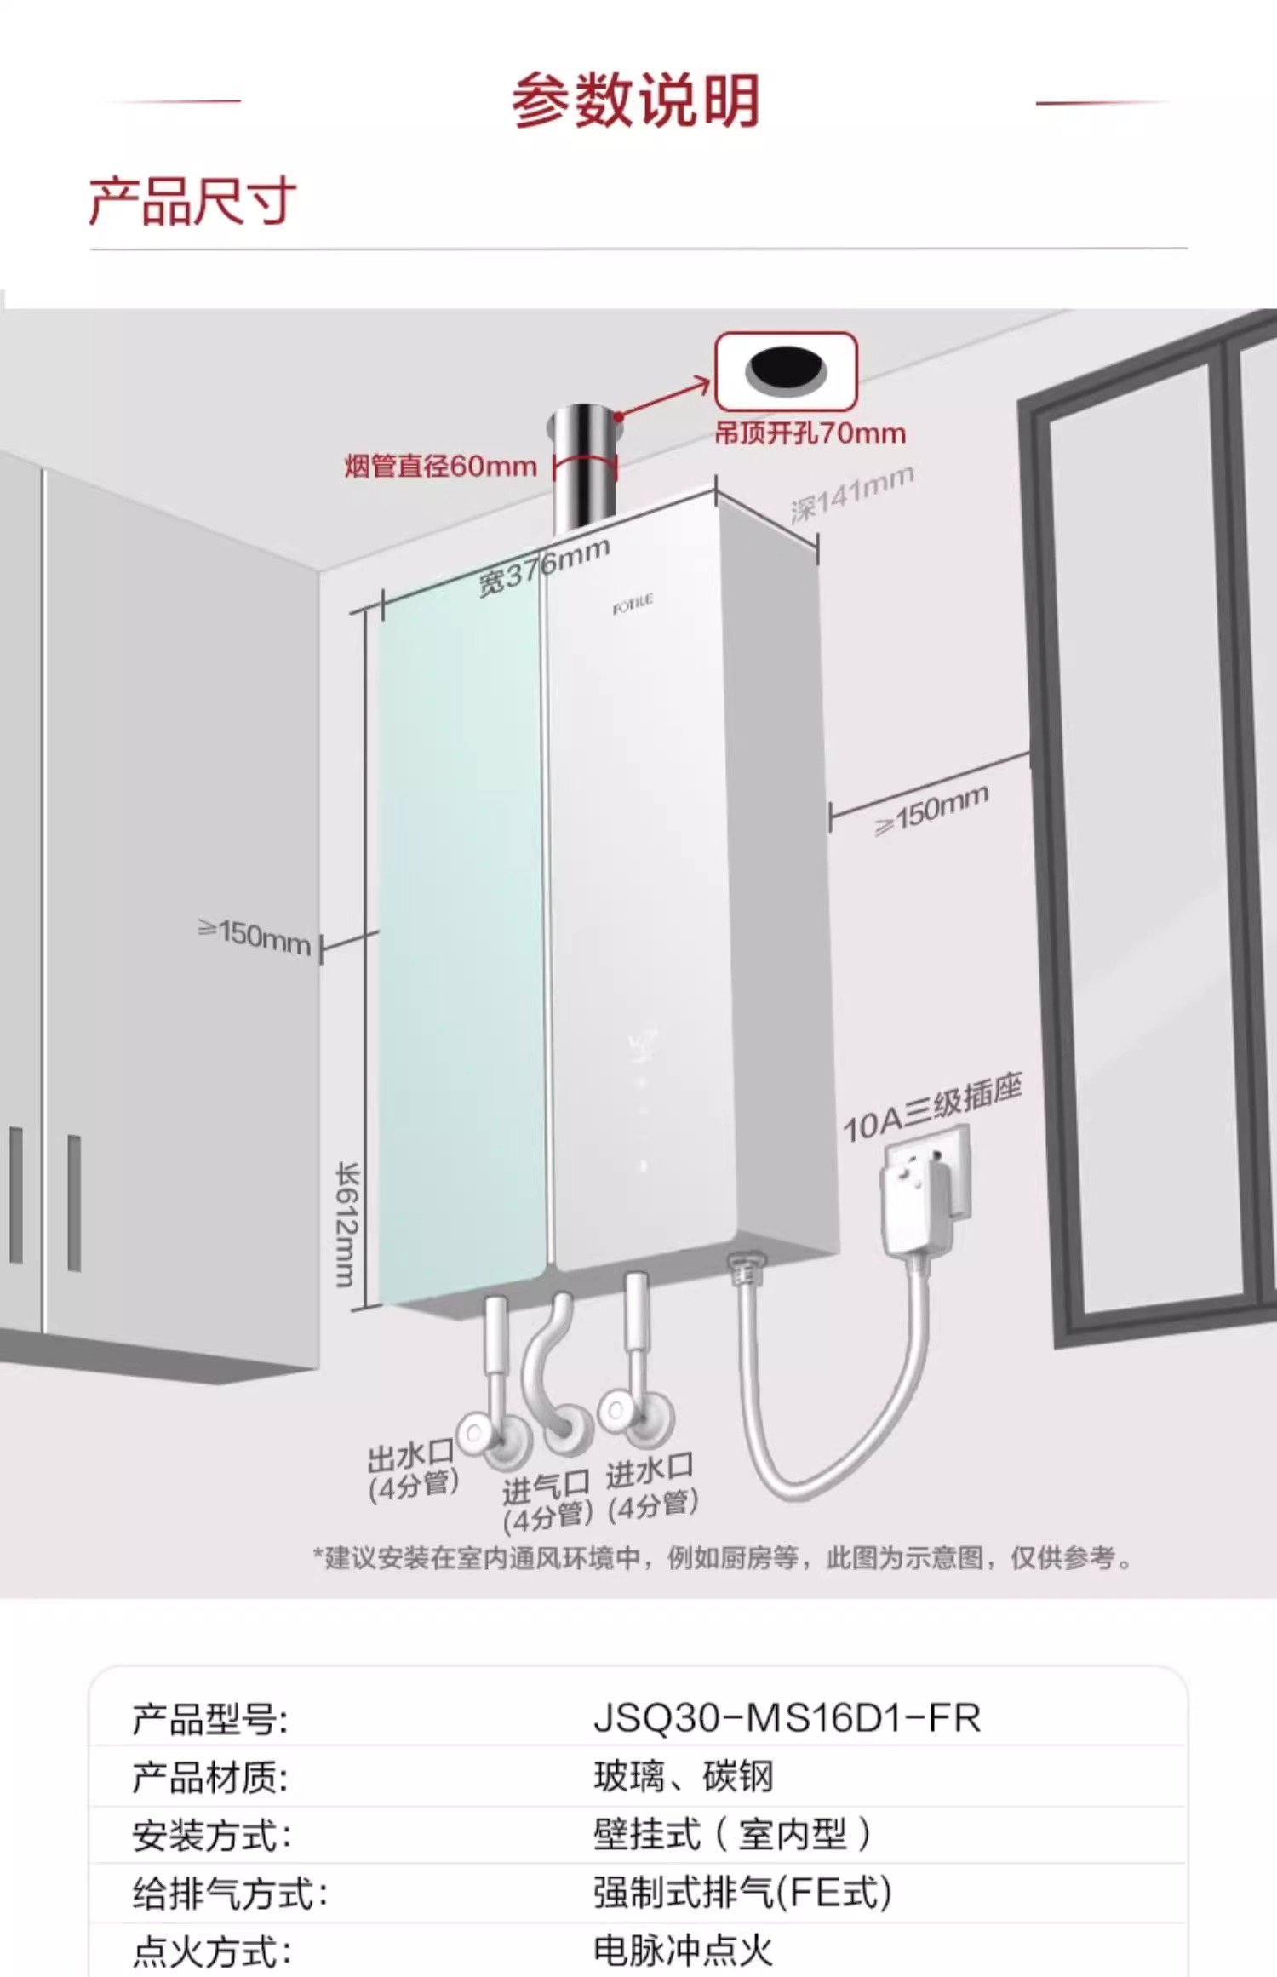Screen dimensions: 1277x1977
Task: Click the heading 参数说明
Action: click(635, 100)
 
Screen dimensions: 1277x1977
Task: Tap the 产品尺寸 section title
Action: click(192, 202)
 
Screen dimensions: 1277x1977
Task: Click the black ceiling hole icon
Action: click(786, 370)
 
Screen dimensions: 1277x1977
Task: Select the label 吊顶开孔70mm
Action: click(810, 433)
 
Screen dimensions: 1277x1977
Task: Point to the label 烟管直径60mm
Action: click(440, 467)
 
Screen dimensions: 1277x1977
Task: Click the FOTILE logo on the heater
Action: click(633, 605)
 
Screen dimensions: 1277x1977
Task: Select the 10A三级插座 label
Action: click(931, 1107)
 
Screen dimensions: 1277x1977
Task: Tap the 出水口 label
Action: click(411, 1458)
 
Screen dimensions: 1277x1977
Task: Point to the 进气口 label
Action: click(546, 1488)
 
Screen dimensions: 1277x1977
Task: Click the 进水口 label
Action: click(650, 1470)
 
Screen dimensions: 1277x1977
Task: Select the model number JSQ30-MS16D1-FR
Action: click(787, 1717)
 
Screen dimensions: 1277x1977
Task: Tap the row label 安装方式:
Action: click(211, 1834)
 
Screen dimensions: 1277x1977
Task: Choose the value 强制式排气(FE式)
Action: click(742, 1892)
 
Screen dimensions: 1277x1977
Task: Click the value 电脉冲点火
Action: click(683, 1949)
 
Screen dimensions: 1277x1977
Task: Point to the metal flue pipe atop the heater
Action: click(581, 468)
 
